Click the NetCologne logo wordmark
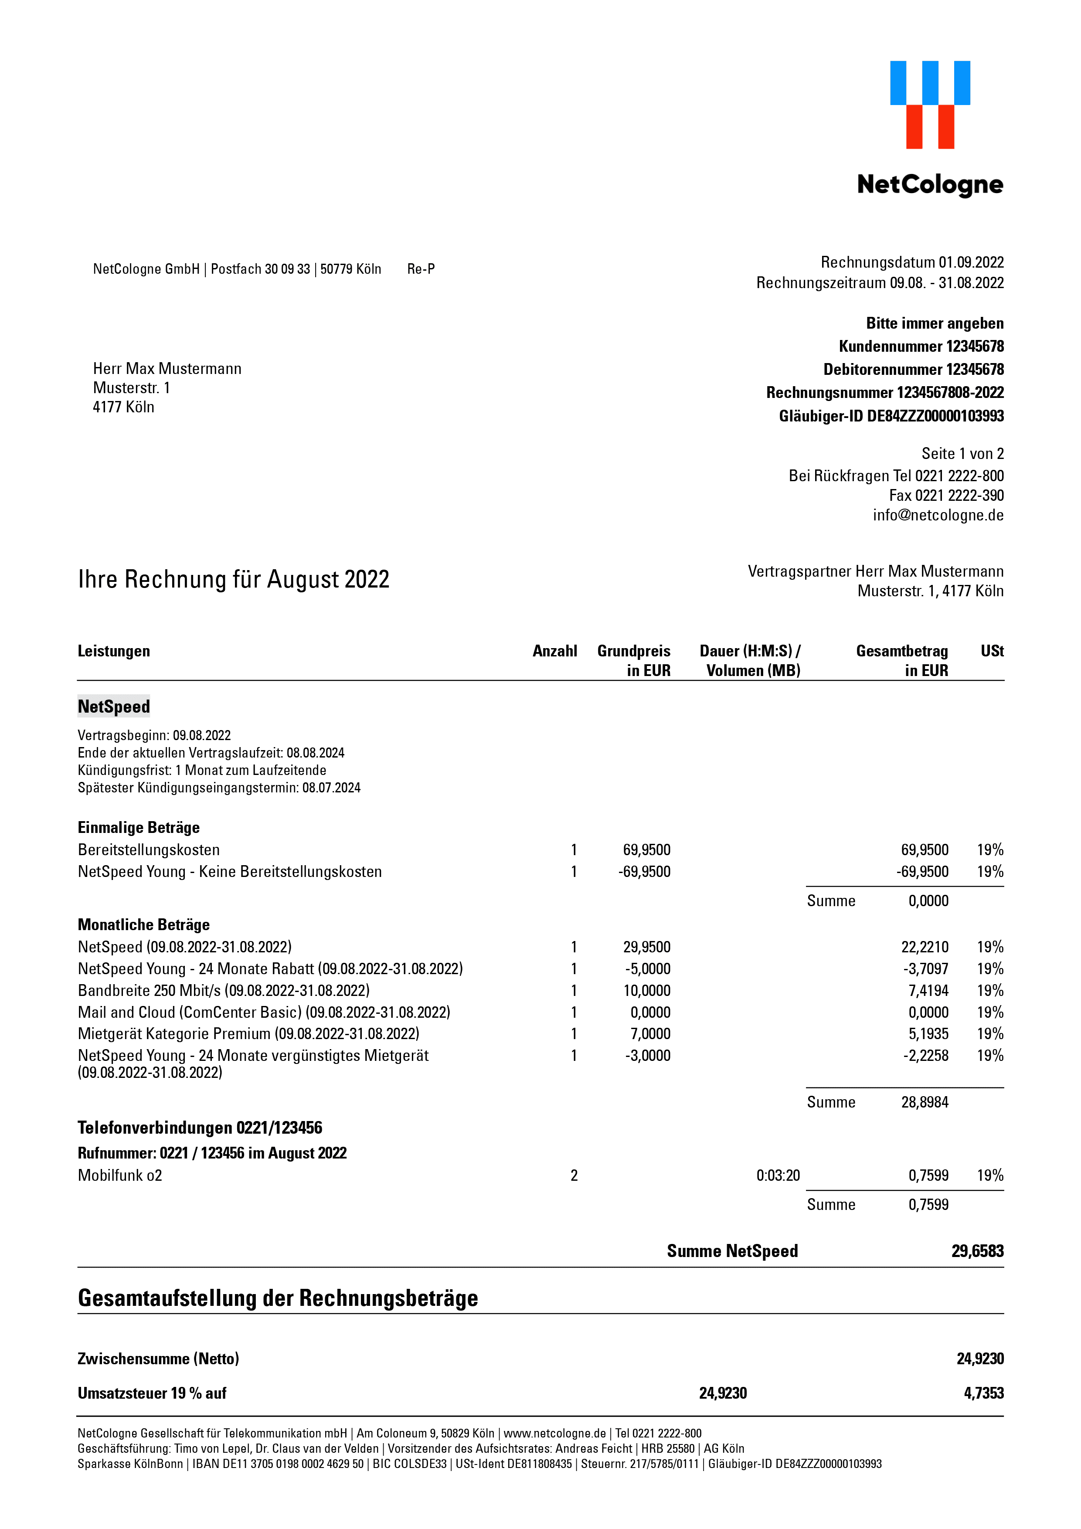point(930,184)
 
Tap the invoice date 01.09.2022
point(971,262)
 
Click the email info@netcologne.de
point(938,516)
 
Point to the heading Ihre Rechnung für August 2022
point(233,579)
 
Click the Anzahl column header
point(554,651)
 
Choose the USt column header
point(992,651)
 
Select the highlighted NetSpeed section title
point(114,707)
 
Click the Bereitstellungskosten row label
point(149,850)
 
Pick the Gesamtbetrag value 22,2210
point(925,948)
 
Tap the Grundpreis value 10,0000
point(647,991)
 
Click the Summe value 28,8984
point(925,1103)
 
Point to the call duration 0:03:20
point(778,1176)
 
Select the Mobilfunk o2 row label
point(120,1176)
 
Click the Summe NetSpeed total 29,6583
point(977,1251)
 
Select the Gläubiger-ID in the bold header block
point(891,416)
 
